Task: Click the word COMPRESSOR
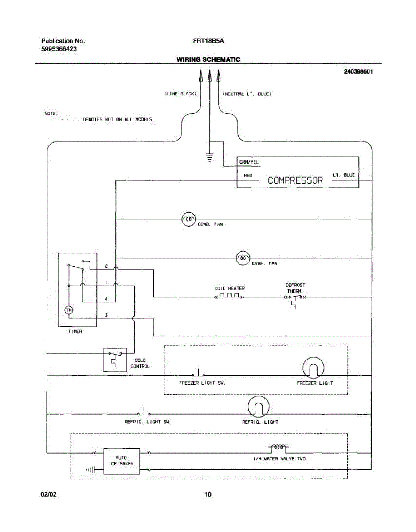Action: [295, 180]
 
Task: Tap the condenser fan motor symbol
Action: [189, 219]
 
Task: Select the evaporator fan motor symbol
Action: [243, 258]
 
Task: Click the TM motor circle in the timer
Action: [69, 310]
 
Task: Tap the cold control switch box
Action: [114, 360]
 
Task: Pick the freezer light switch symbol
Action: [198, 373]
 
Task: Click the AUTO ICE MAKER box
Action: [122, 461]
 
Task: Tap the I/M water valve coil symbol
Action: [278, 447]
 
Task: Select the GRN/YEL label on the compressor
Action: [249, 162]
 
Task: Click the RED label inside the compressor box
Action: [248, 176]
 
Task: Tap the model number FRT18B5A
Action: [208, 41]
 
